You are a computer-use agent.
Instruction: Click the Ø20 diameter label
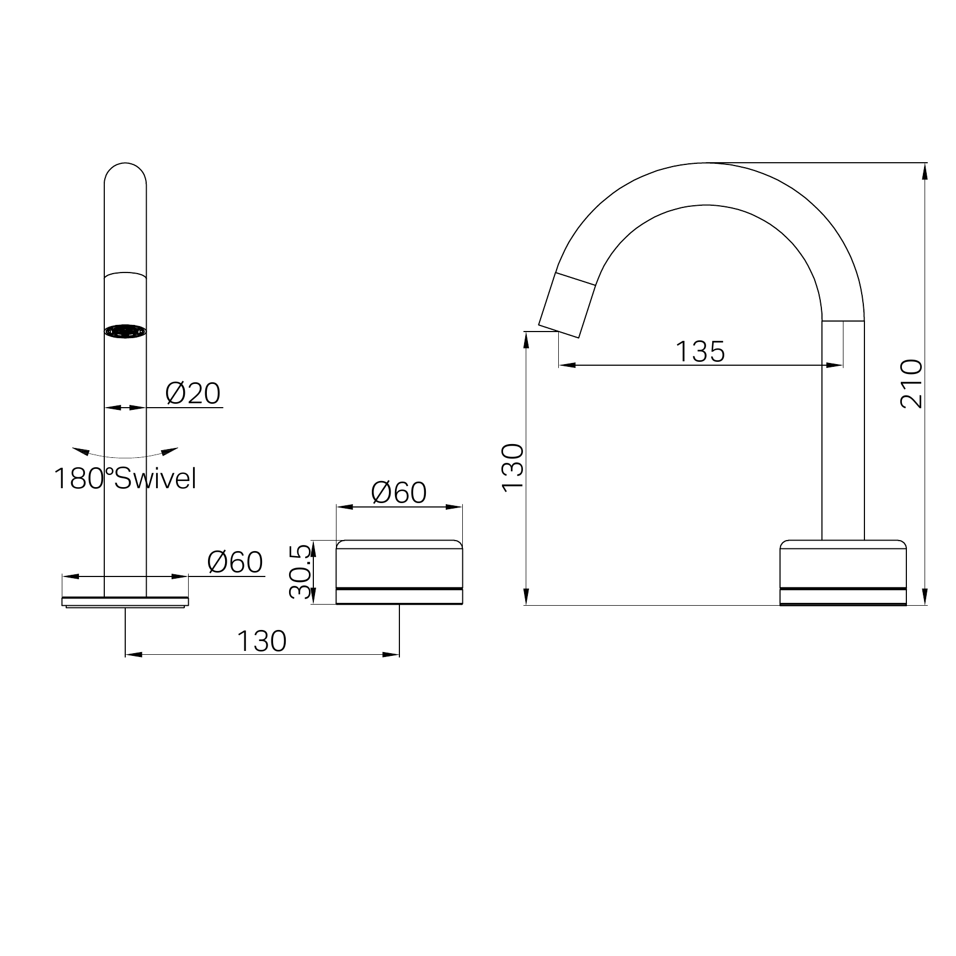click(x=193, y=393)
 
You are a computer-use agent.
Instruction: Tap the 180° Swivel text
click(x=125, y=478)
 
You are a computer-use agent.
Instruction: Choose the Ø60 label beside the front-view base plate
click(x=235, y=562)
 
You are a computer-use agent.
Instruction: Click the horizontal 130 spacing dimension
click(x=261, y=641)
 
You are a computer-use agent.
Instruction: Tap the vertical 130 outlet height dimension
click(x=512, y=466)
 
